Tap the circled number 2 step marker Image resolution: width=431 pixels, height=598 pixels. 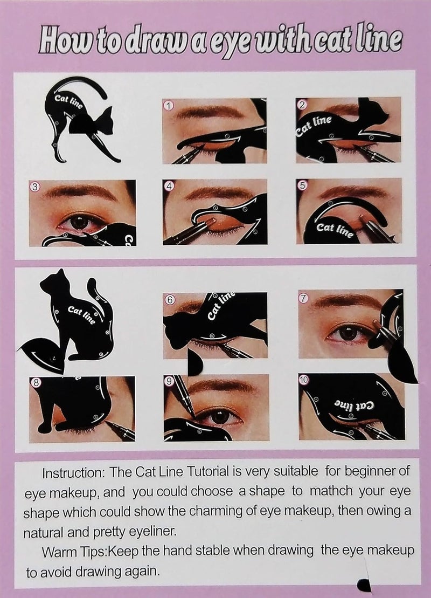(302, 104)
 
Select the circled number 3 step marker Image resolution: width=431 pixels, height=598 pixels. (35, 187)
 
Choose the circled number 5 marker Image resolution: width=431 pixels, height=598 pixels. (302, 185)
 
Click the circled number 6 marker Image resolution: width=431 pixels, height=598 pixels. (170, 300)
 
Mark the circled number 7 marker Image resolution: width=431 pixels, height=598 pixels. (303, 298)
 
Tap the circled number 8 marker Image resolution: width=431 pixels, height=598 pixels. (35, 382)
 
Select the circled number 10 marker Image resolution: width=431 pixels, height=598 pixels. (304, 380)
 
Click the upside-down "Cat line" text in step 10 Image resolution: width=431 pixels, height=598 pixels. (354, 405)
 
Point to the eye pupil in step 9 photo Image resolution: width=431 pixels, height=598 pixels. (220, 416)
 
